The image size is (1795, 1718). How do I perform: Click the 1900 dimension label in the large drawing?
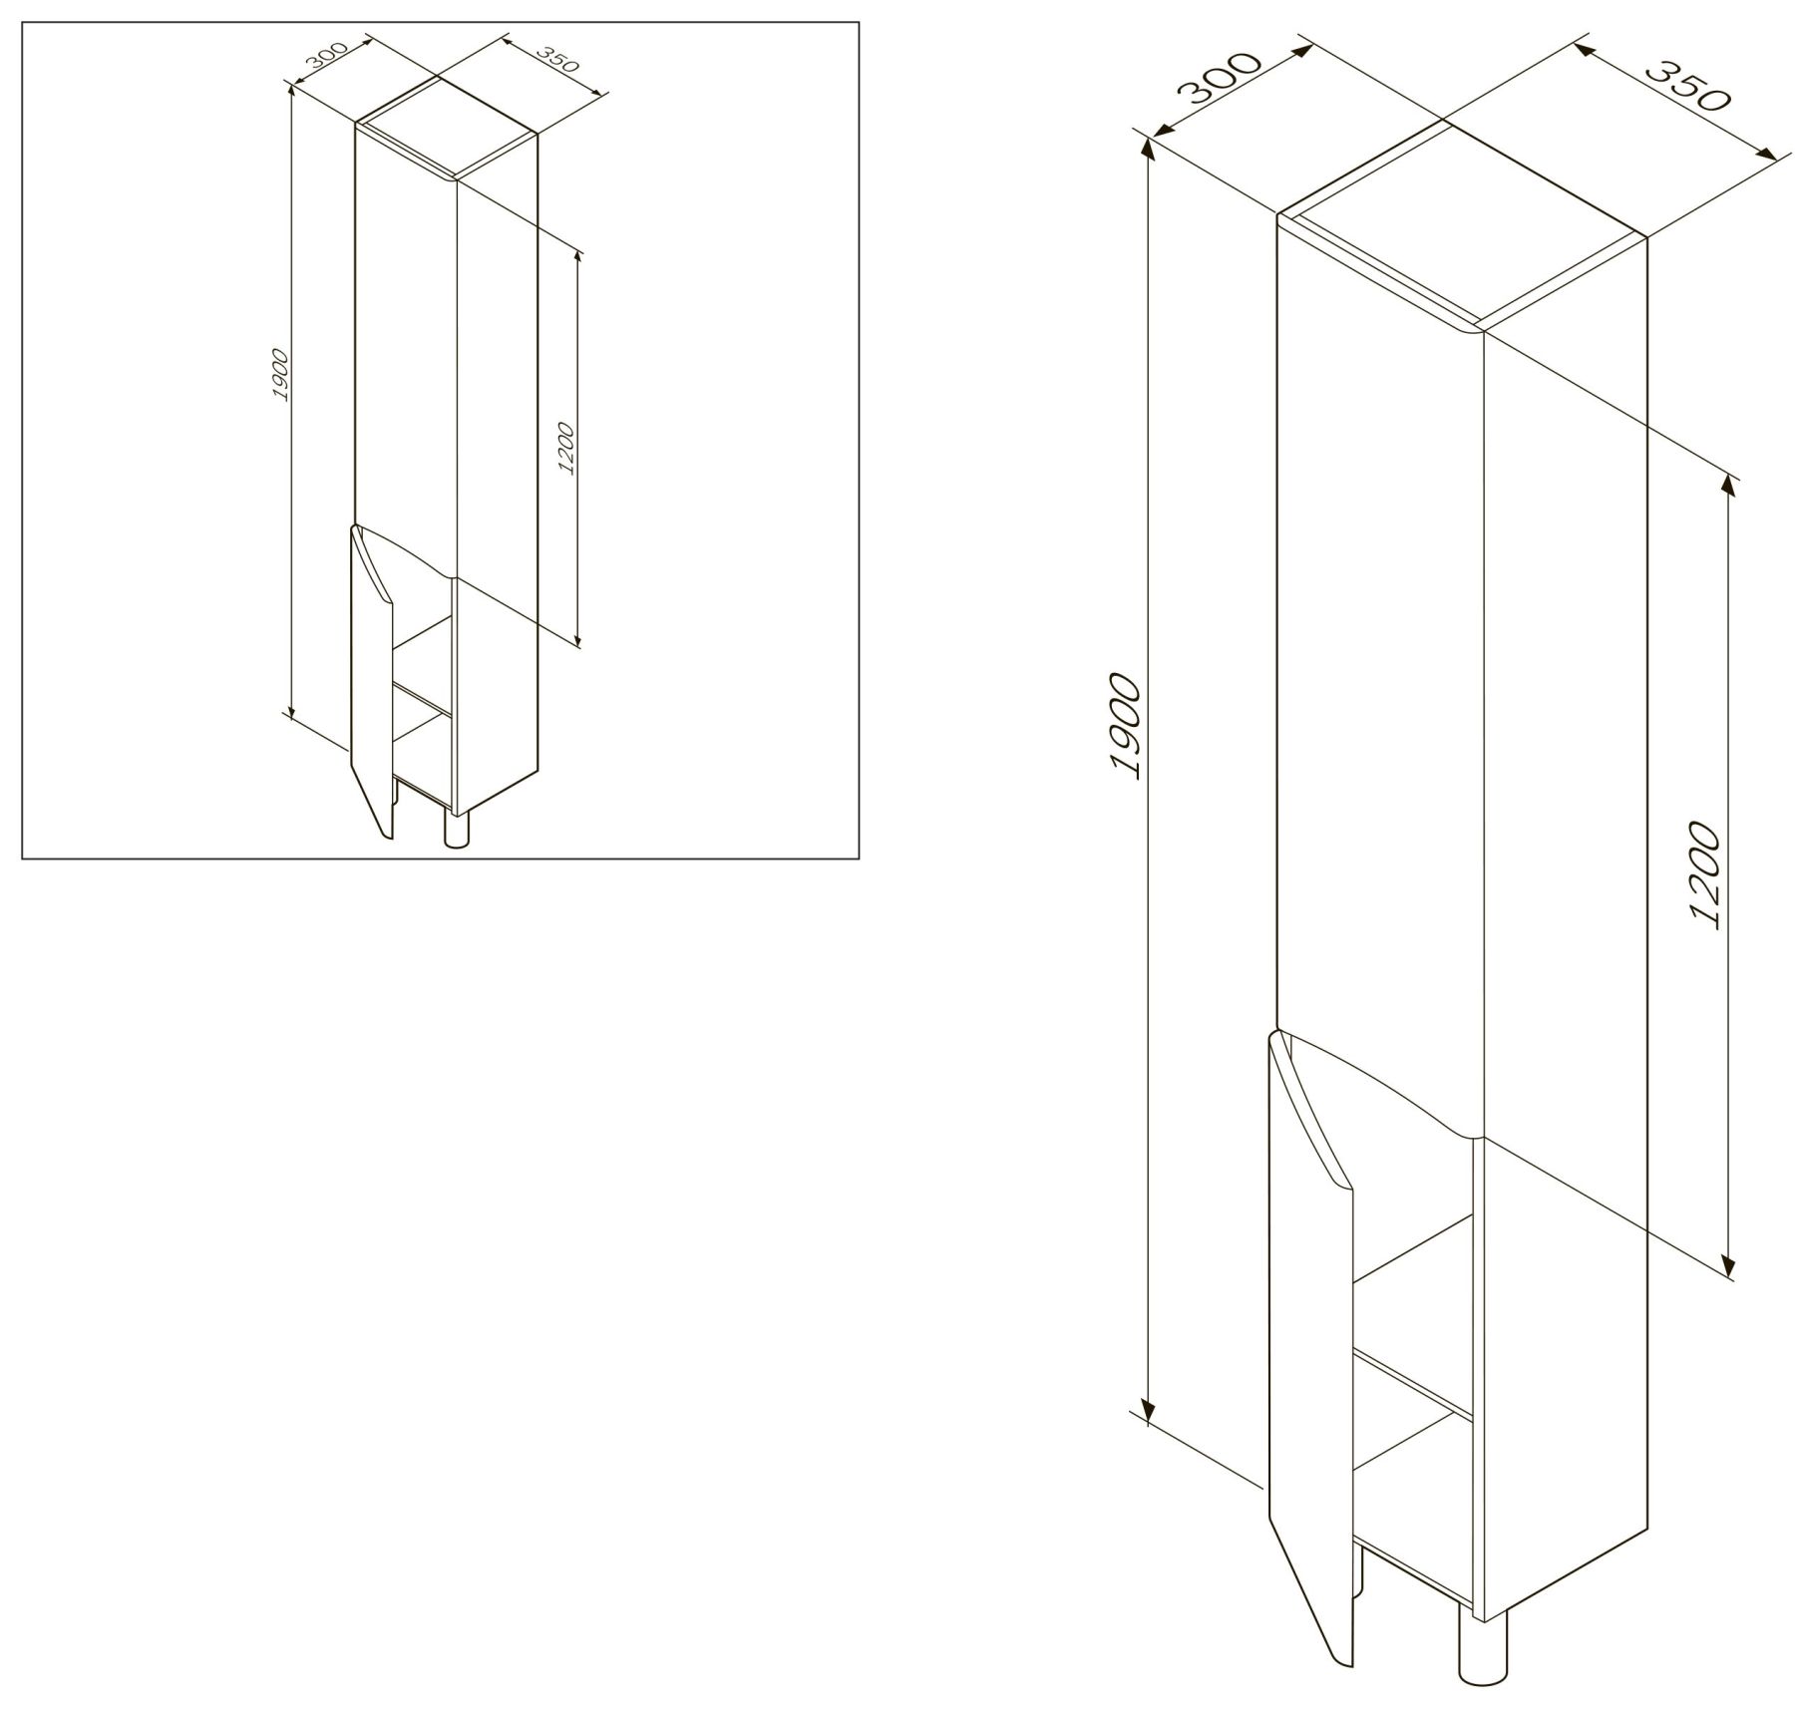pos(1123,726)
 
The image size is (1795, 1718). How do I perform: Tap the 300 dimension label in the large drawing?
pos(1220,77)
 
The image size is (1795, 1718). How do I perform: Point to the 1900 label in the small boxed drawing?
pos(280,375)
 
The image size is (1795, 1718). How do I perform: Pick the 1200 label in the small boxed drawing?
pos(566,448)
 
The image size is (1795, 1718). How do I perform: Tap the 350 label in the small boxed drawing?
pos(556,63)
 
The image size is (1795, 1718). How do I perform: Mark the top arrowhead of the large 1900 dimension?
pos(1147,150)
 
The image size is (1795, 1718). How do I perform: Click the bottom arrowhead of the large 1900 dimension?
pos(1147,1412)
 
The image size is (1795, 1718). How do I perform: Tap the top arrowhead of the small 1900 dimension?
pos(291,92)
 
